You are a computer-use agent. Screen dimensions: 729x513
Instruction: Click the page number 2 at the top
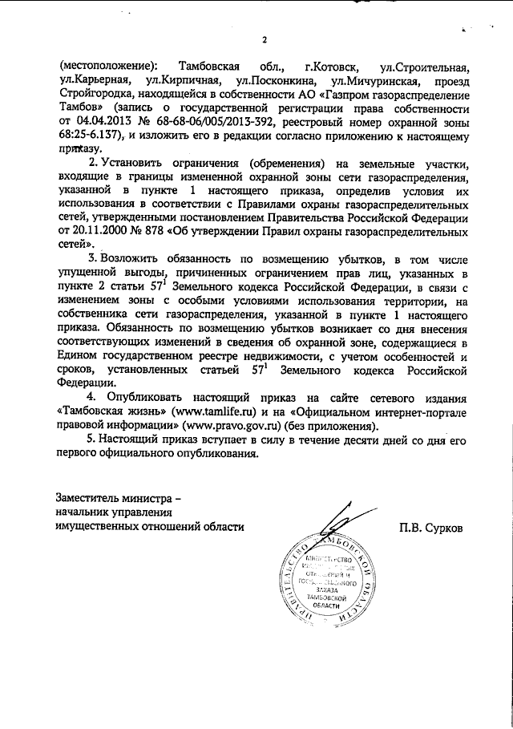pyautogui.click(x=262, y=41)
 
